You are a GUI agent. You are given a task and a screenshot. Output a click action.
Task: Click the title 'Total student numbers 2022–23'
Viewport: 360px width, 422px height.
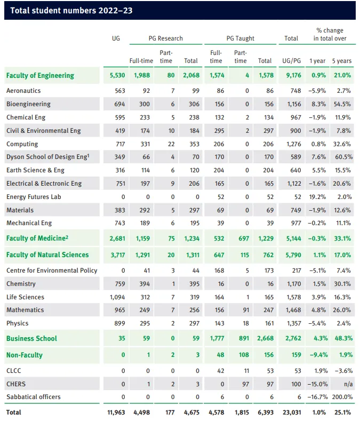point(71,11)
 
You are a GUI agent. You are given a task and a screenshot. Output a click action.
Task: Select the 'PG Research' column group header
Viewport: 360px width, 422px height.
point(165,38)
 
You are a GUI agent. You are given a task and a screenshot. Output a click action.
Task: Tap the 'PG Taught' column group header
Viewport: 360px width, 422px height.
point(241,38)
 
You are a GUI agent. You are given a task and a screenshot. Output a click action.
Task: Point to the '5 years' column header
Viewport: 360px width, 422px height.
point(342,61)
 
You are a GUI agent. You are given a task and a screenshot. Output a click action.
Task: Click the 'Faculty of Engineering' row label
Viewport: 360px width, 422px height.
point(40,76)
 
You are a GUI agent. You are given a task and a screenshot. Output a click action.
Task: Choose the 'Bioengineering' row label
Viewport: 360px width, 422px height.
point(28,104)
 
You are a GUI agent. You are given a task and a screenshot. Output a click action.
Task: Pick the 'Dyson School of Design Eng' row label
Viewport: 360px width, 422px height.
point(48,157)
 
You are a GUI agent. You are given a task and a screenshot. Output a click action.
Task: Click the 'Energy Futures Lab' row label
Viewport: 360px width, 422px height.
point(34,197)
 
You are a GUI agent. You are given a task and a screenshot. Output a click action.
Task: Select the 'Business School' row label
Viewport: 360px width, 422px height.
point(32,339)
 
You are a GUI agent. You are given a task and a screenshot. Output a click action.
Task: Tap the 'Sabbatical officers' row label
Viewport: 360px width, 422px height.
point(34,397)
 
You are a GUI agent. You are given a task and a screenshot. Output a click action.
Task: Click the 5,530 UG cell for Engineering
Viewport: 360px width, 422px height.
point(117,75)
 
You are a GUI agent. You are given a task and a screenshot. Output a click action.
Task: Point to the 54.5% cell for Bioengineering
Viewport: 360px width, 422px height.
point(342,104)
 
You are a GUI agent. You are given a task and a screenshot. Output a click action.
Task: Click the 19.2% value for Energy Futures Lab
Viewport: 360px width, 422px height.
point(317,197)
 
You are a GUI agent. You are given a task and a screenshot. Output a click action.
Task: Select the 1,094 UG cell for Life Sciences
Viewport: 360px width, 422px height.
point(117,297)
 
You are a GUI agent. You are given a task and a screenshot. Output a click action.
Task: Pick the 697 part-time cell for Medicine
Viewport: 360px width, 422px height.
point(244,238)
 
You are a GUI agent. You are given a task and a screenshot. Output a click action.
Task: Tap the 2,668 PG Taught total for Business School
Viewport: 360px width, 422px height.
point(265,338)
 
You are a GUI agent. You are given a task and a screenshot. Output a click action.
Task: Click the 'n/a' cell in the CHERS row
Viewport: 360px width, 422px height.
point(348,384)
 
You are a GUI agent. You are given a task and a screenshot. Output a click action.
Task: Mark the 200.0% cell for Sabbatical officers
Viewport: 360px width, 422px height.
point(342,397)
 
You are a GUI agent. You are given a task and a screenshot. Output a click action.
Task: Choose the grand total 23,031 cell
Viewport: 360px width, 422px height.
point(292,412)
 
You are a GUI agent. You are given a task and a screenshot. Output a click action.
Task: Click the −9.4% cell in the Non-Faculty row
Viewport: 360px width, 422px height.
point(318,355)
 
